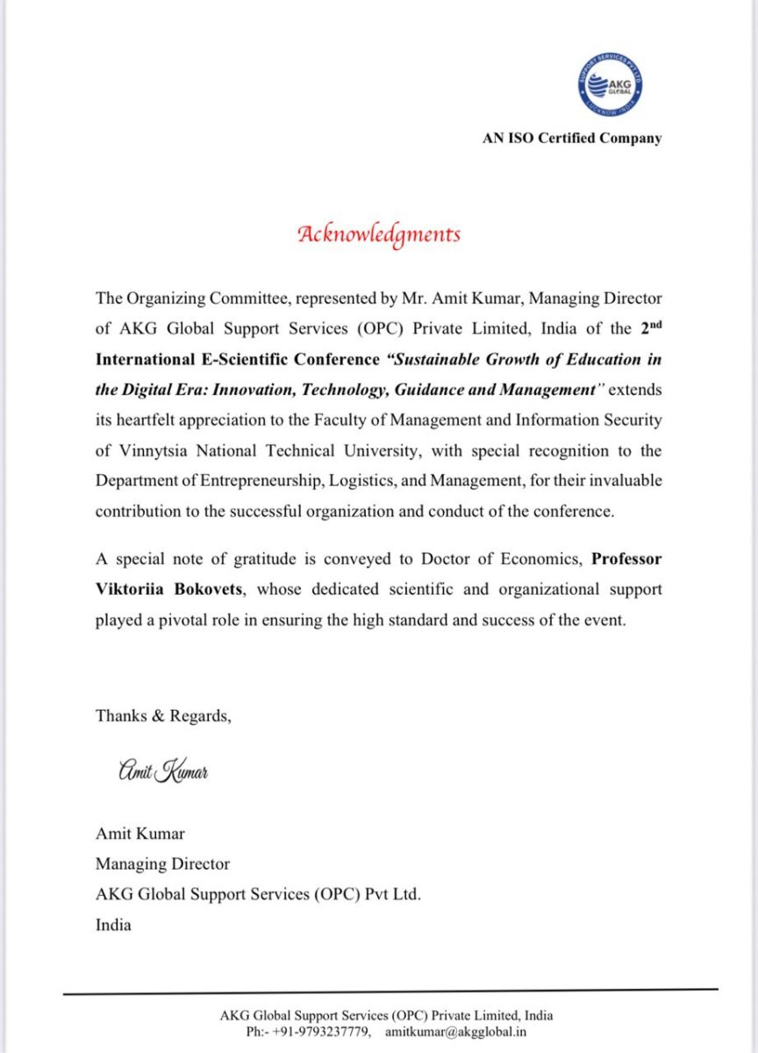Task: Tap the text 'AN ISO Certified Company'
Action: point(572,138)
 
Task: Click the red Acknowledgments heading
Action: point(379,234)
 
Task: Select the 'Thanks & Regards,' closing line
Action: point(163,716)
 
